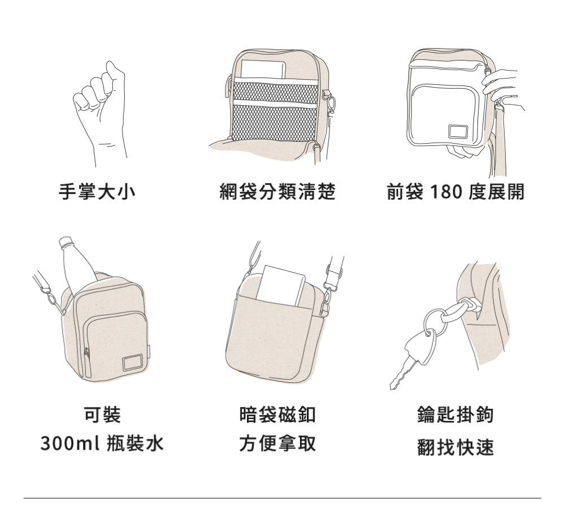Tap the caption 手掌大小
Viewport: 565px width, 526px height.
(98, 192)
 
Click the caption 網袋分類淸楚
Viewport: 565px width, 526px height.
(277, 192)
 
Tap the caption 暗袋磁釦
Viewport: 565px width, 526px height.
(277, 416)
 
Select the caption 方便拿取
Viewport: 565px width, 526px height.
(277, 443)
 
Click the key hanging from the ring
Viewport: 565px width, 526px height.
(410, 359)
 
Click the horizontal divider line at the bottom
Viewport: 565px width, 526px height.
(282, 498)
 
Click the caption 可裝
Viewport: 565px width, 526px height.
(102, 416)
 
